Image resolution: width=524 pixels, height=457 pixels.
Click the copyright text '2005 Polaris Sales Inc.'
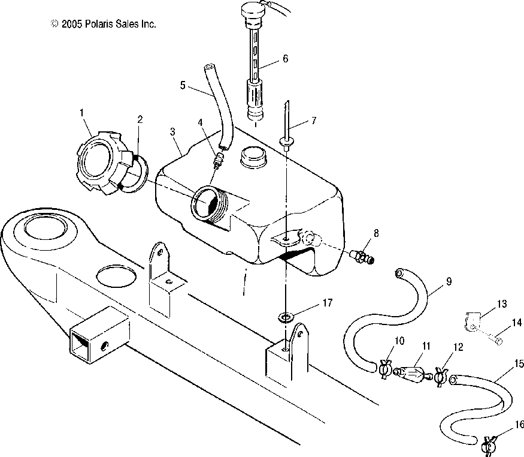(108, 24)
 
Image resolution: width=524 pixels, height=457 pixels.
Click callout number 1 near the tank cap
(82, 113)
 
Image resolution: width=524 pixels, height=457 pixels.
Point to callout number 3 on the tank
(172, 131)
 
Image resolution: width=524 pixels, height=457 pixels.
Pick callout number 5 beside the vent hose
(183, 85)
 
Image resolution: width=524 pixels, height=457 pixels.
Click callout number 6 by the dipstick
(285, 59)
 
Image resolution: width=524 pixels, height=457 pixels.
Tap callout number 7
(313, 121)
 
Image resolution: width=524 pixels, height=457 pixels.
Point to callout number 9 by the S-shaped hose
(449, 281)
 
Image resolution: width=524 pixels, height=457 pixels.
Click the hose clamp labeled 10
(386, 369)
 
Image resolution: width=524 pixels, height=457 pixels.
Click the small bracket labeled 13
(472, 321)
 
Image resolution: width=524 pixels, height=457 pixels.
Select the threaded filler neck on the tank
(210, 204)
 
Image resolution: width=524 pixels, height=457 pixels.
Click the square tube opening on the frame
(80, 346)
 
